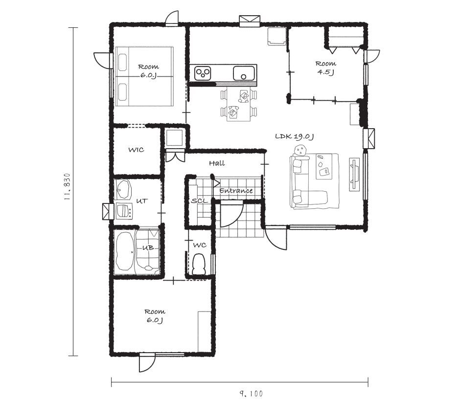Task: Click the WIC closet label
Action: (x=136, y=150)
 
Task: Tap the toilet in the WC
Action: (x=200, y=264)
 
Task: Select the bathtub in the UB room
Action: (x=125, y=251)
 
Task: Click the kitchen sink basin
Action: (x=244, y=73)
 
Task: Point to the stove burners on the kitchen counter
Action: (x=203, y=72)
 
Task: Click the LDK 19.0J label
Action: (x=295, y=136)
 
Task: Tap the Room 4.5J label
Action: (x=326, y=67)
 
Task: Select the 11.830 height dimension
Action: (x=68, y=187)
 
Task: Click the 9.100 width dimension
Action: (x=251, y=394)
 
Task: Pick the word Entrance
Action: (x=236, y=191)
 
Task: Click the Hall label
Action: (x=217, y=163)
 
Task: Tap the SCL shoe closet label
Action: (x=200, y=201)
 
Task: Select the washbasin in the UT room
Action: (x=124, y=189)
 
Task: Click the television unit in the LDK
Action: (x=355, y=175)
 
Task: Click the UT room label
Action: (x=142, y=201)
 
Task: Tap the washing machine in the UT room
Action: (x=124, y=211)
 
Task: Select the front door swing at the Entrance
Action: (x=231, y=214)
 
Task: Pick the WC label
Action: (x=200, y=245)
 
